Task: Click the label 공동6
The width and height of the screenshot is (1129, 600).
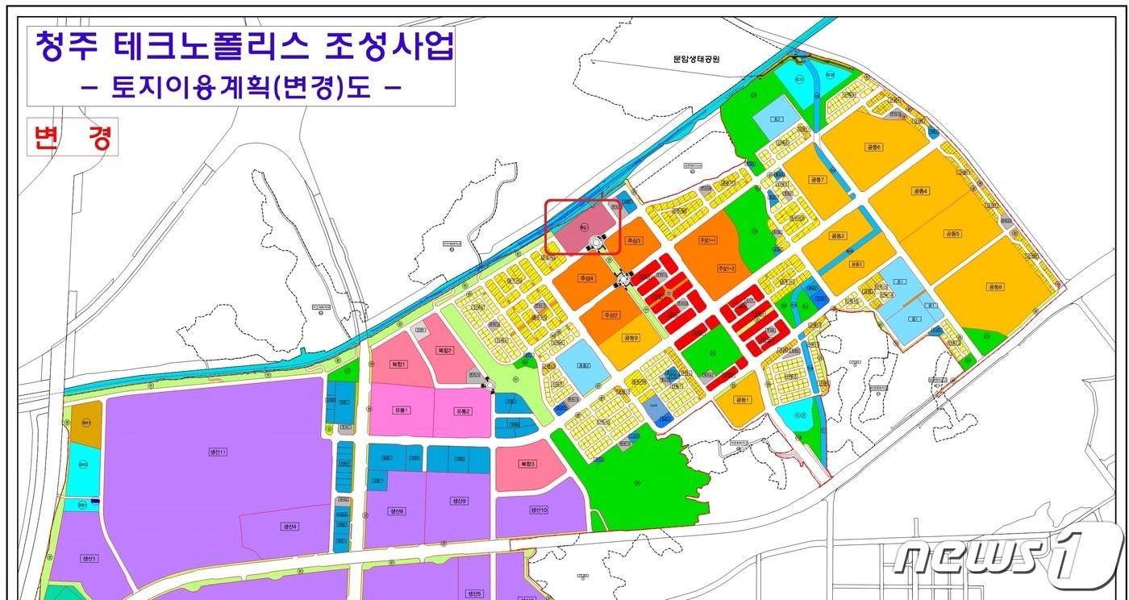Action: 874,147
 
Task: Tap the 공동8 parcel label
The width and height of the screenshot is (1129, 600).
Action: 994,286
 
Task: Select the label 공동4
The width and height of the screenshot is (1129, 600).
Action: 921,191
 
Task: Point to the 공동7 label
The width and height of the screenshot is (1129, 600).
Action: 818,179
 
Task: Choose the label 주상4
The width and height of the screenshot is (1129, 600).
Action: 586,278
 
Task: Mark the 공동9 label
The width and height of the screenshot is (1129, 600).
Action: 630,338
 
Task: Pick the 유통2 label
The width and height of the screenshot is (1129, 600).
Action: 462,410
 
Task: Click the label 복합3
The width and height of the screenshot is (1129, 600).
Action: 527,464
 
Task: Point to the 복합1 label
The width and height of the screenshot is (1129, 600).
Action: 398,365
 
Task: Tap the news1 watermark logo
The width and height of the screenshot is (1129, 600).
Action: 1008,556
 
